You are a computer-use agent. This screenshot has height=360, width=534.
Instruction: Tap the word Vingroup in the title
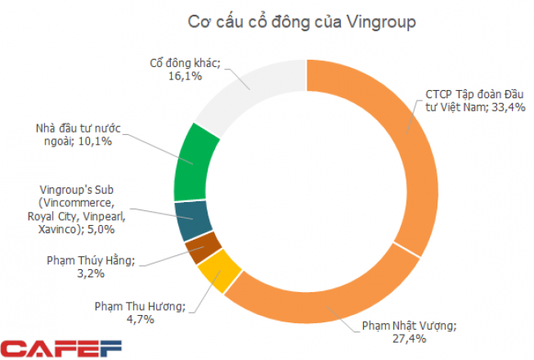(x=356, y=21)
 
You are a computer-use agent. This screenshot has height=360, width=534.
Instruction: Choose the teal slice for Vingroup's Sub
(x=193, y=217)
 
